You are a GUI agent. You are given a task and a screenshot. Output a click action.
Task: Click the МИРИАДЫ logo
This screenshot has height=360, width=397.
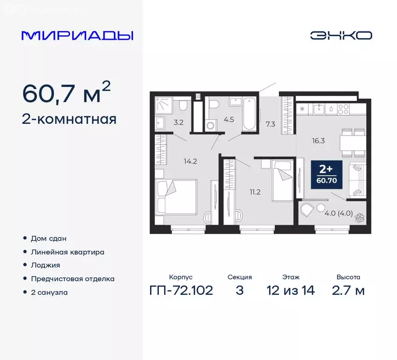77,36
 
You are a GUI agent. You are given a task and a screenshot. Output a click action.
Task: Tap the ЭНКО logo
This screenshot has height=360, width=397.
341,35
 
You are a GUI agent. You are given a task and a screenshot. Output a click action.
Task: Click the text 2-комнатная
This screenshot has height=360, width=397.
69,120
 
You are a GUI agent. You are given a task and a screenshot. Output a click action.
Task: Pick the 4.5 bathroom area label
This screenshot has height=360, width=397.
229,119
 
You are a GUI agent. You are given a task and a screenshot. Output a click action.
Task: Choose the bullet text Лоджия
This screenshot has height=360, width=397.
46,265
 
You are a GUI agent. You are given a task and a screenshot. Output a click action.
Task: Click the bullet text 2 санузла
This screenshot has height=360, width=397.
49,292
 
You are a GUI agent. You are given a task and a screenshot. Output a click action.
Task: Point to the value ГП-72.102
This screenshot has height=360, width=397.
181,291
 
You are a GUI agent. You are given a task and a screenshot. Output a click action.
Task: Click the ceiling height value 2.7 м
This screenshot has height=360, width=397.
348,291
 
